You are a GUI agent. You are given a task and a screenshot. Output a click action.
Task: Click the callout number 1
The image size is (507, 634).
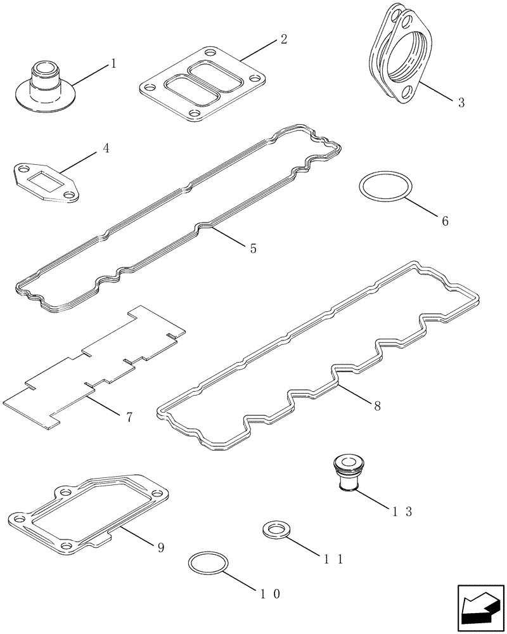(x=113, y=63)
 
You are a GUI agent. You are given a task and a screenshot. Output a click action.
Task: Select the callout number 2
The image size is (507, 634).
(x=283, y=39)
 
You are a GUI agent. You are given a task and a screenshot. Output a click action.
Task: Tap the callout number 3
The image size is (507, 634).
(x=461, y=102)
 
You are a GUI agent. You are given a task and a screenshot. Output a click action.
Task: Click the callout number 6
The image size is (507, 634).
(x=444, y=221)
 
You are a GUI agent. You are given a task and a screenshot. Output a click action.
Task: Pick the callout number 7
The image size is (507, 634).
(x=129, y=417)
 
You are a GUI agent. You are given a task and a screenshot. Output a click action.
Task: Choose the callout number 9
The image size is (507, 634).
(x=160, y=547)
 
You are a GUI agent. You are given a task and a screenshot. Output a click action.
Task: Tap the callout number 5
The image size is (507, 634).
(x=253, y=249)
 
